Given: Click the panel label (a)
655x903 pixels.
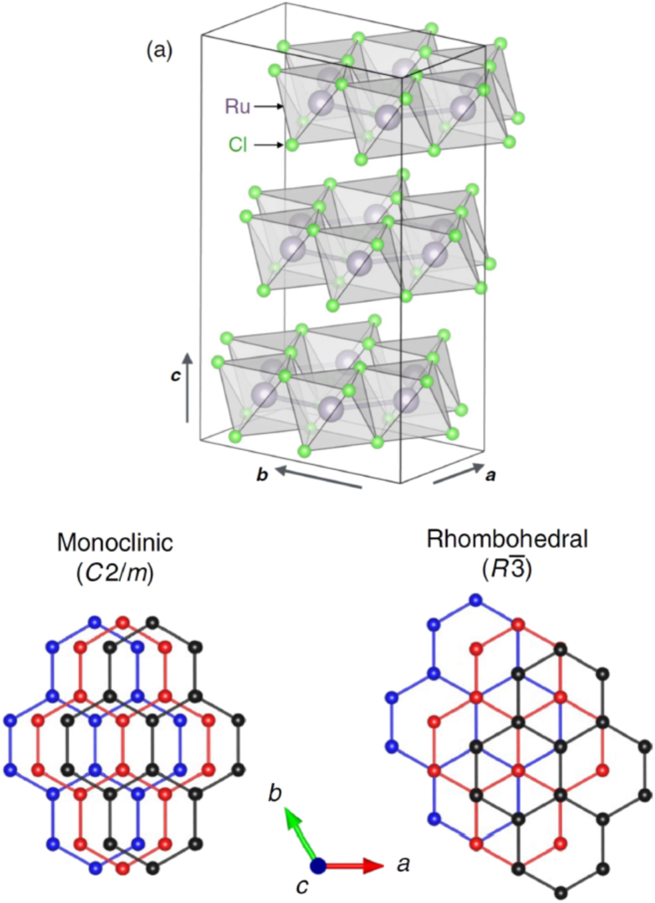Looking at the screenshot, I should coord(159,50).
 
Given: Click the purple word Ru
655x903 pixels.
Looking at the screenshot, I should coord(237,106).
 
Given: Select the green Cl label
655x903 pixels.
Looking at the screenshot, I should coord(238,144).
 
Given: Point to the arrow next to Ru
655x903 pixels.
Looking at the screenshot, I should coord(268,106).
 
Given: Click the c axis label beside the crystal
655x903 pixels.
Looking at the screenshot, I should coord(175,376).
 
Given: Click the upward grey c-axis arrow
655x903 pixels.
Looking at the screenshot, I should coord(188,388).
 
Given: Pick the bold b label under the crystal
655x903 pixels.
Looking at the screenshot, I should coord(262,475).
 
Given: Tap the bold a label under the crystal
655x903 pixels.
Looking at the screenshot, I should coord(491,475).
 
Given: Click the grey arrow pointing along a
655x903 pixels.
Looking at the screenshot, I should coord(459,473).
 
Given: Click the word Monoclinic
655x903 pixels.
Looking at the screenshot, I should coord(115,543).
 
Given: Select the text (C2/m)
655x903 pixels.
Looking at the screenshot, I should coord(115,573).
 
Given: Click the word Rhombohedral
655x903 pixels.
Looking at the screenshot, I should coord(507,539).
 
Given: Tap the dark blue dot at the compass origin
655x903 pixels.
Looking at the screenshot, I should coord(318,866).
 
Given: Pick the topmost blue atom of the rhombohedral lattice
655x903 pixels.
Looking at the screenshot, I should coord(475,600).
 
